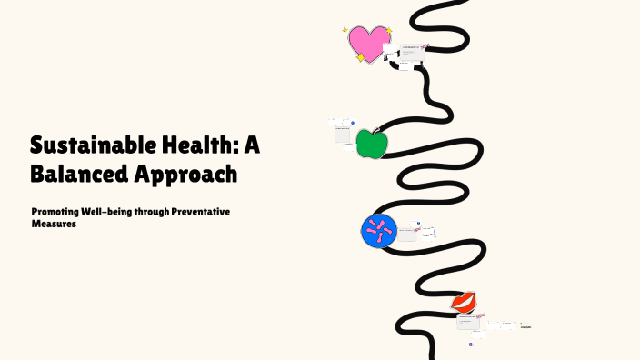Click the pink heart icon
(x=367, y=43)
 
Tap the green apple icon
(x=370, y=144)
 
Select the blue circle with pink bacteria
(x=379, y=231)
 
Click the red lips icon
(x=465, y=301)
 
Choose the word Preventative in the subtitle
(x=202, y=212)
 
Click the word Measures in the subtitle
(x=53, y=224)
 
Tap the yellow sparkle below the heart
(x=361, y=58)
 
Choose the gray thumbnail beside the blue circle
(x=406, y=231)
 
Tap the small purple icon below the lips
(x=471, y=344)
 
